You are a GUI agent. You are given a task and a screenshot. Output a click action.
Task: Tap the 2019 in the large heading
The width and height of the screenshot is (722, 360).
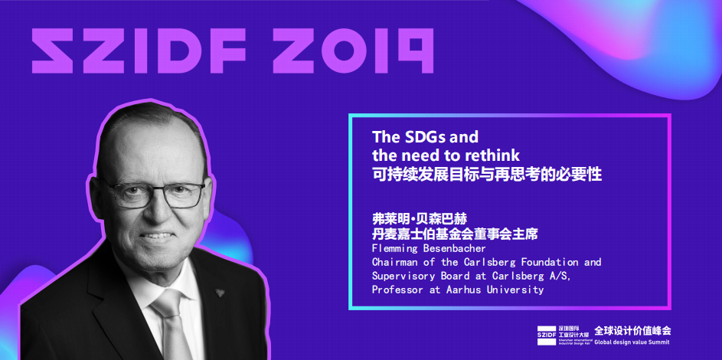click(352, 51)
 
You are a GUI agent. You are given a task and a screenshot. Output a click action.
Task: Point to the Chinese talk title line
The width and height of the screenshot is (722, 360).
click(487, 175)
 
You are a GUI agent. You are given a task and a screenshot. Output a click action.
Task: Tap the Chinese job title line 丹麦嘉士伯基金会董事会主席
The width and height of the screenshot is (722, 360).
click(455, 234)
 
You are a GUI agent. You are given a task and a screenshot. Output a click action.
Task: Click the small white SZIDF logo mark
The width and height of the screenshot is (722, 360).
click(547, 335)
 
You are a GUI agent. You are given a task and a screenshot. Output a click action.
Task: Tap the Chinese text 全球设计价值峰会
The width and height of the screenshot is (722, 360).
click(632, 331)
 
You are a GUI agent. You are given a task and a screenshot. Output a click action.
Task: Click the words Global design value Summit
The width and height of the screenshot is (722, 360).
click(632, 342)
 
